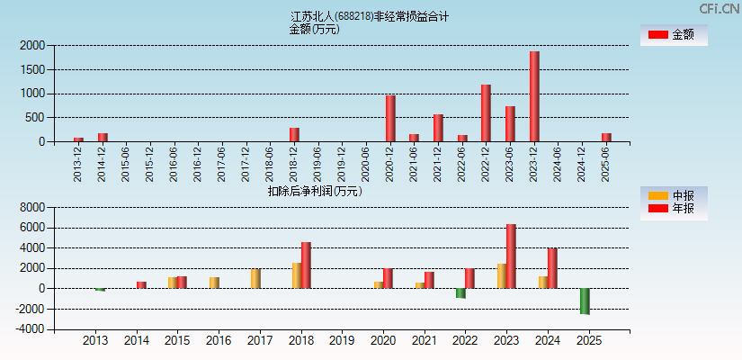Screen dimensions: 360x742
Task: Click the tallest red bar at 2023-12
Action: click(534, 96)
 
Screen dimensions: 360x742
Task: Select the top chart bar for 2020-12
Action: click(390, 118)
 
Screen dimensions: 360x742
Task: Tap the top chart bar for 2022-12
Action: click(486, 112)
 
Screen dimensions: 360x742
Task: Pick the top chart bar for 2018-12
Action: click(294, 134)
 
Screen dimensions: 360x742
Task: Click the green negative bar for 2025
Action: click(585, 301)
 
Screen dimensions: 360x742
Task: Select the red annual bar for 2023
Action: click(511, 256)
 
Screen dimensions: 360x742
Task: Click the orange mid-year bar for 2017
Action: click(255, 278)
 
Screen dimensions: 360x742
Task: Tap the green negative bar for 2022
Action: click(460, 293)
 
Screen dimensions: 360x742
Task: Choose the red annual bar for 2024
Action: click(552, 268)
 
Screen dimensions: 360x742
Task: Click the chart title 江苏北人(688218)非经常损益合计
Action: click(370, 16)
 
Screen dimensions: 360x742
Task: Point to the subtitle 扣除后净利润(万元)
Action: click(314, 191)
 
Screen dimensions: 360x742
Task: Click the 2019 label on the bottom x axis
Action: click(342, 341)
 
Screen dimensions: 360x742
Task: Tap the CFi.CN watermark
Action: click(719, 8)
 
